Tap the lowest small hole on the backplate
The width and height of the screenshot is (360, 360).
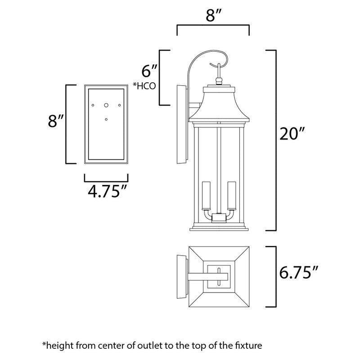106,119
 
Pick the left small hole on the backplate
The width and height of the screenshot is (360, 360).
93,105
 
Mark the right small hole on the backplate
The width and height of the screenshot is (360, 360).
120,105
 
